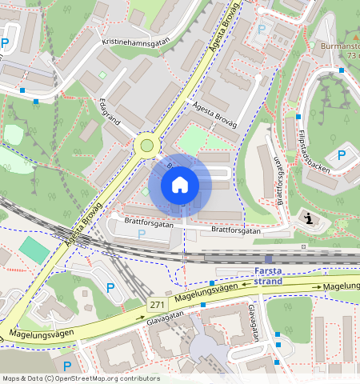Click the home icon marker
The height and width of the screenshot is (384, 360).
pyautogui.click(x=180, y=186)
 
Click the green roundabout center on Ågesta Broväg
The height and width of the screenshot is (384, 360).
pyautogui.click(x=146, y=145)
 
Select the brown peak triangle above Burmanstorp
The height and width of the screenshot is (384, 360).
pyautogui.click(x=352, y=36)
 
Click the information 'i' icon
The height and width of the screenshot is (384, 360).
pyautogui.click(x=308, y=218)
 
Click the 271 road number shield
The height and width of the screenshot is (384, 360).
pyautogui.click(x=158, y=306)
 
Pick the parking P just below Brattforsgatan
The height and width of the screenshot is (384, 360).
pyautogui.click(x=142, y=234)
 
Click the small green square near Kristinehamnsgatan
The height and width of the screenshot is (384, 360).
pyautogui.click(x=102, y=75)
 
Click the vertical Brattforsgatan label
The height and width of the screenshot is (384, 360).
pyautogui.click(x=281, y=181)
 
